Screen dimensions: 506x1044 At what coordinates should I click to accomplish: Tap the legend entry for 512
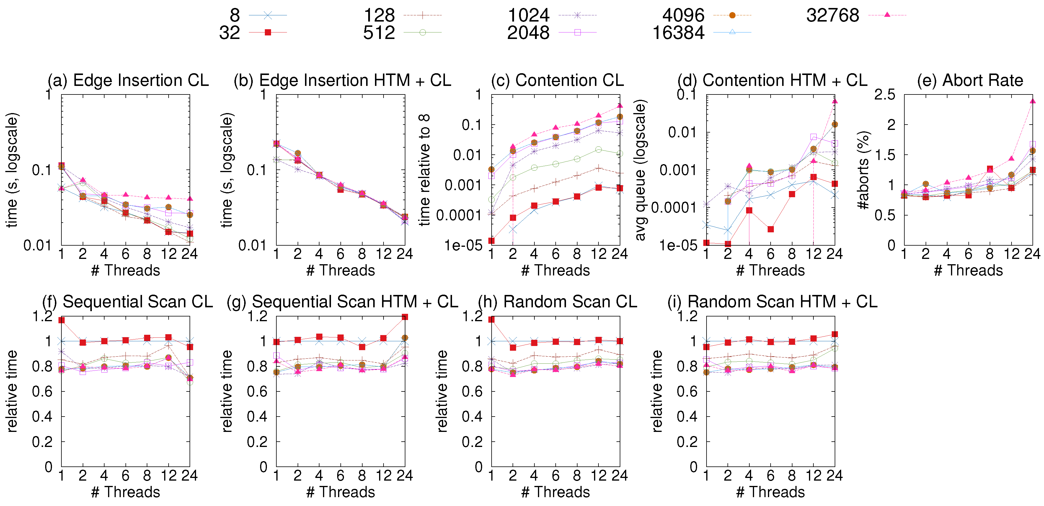[379, 32]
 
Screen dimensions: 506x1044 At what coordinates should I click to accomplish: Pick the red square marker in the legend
[268, 32]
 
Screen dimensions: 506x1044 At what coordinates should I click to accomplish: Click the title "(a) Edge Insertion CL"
[128, 80]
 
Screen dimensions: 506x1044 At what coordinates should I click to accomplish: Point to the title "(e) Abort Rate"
[970, 80]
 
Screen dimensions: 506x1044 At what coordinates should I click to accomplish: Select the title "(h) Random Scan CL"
[558, 302]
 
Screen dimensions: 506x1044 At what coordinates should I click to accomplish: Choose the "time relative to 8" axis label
[424, 170]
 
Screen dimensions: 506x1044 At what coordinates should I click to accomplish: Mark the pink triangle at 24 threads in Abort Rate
[1033, 101]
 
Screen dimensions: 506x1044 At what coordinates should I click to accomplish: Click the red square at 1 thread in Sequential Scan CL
[62, 320]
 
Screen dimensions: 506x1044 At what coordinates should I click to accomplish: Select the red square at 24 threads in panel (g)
[405, 317]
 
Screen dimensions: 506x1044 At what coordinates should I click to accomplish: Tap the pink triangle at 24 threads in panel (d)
[835, 101]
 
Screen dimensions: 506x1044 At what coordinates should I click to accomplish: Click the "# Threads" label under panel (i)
[770, 492]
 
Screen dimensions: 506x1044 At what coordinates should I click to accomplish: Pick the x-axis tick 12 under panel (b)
[384, 254]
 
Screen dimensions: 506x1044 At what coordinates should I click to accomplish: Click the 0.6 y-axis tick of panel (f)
[43, 391]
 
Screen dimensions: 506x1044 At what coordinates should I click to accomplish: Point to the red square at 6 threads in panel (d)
[771, 229]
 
